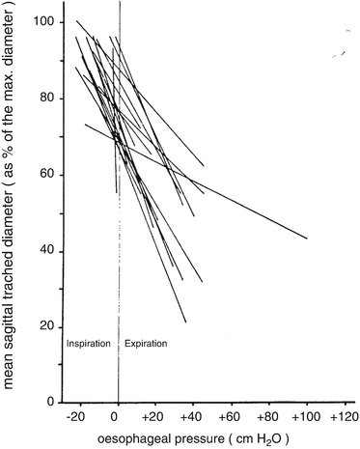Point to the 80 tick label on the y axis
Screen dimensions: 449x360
click(x=42, y=98)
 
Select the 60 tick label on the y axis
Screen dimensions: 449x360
click(x=42, y=174)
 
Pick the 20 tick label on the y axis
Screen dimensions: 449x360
click(x=42, y=326)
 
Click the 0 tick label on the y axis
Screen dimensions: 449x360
click(x=44, y=402)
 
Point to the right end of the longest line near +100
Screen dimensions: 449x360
click(x=307, y=239)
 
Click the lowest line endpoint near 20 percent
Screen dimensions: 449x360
click(x=185, y=322)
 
